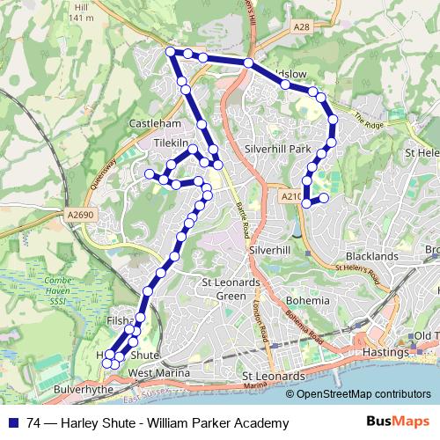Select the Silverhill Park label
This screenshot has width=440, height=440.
[x=279, y=149]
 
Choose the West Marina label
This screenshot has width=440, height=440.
[x=160, y=373]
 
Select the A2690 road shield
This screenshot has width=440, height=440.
[x=77, y=214]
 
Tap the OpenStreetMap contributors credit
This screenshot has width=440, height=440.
[x=362, y=393]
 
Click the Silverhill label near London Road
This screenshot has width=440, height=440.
[x=270, y=250]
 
